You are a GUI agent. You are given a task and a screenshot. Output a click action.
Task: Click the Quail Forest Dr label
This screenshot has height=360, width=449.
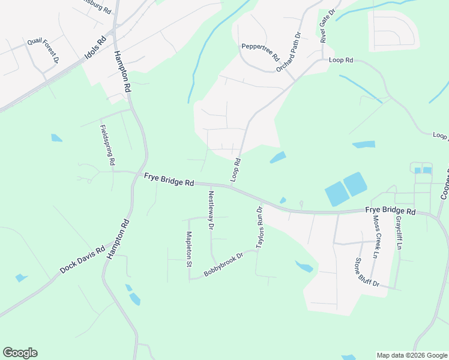point(43,51)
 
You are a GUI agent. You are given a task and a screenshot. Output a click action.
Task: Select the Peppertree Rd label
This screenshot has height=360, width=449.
point(261,52)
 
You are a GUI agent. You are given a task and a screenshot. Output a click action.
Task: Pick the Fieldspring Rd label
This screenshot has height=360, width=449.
point(107,145)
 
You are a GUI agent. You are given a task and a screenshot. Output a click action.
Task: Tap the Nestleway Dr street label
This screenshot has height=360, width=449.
point(211,210)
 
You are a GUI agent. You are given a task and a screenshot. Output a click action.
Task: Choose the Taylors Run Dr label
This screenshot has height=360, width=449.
point(260,228)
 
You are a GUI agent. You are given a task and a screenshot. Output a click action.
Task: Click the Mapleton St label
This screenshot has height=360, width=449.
point(188,248)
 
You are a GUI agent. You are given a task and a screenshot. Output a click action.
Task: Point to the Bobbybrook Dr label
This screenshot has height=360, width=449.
point(223,265)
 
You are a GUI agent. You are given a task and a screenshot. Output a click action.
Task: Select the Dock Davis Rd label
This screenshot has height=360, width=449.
point(82,260)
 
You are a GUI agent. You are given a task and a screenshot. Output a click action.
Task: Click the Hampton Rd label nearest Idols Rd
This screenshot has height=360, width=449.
point(122,71)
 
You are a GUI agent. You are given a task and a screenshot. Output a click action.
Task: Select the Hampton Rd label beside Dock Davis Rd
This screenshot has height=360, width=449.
point(118,239)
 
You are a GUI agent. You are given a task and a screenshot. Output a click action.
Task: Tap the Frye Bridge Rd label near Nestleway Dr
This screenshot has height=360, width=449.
point(169,179)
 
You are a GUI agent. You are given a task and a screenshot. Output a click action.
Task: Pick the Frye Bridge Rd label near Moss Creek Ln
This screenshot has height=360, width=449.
point(390,212)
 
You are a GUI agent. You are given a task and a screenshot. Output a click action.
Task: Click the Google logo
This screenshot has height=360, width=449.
point(20,353)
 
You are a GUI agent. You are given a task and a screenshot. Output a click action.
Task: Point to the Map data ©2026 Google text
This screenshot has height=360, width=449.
point(411,355)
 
